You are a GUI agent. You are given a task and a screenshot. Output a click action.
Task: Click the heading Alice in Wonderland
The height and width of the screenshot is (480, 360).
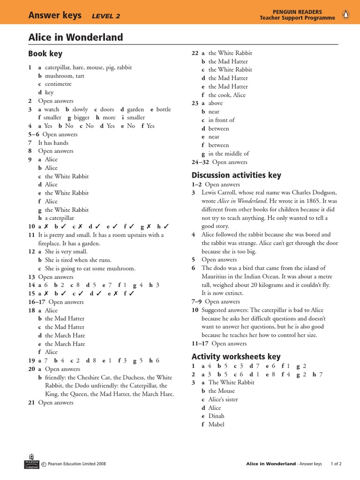pos(75,37)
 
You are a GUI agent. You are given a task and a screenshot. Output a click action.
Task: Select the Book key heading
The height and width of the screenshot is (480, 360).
pos(45,53)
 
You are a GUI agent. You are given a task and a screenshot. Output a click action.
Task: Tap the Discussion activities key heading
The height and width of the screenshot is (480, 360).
pos(236,175)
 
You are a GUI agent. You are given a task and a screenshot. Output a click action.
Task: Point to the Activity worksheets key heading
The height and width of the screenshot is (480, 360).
pos(236,356)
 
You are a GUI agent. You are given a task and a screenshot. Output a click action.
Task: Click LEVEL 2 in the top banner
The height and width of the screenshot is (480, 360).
pos(106,16)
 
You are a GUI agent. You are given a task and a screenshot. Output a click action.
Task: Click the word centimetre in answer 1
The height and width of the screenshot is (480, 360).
pos(58,84)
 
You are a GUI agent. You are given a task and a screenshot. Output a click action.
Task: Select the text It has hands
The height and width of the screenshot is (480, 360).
pos(53,142)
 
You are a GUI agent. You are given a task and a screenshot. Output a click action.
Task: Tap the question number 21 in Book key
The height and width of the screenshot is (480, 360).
pos(31,402)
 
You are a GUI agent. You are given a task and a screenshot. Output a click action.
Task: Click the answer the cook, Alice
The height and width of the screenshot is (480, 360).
pos(227,95)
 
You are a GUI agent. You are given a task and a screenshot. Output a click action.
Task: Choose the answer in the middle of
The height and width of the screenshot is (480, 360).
pos(229,153)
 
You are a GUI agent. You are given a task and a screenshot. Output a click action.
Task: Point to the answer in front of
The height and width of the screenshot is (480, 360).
pos(221,120)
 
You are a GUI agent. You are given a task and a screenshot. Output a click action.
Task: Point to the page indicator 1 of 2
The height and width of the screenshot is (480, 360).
pos(336,464)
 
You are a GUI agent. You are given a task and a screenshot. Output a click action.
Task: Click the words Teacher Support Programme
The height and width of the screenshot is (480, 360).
pos(297,18)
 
